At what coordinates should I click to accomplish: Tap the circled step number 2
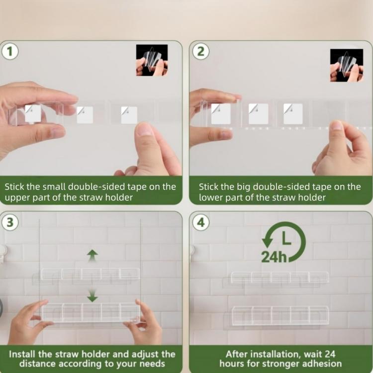[x=200, y=51]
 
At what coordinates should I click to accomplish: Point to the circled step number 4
[x=200, y=222]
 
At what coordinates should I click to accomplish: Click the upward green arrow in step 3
[x=93, y=255]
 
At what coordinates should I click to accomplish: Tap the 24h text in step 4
[x=274, y=257]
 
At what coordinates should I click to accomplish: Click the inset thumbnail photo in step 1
[x=152, y=60]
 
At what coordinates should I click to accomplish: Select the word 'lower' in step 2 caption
[x=211, y=197]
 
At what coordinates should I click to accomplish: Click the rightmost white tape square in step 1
[x=129, y=115]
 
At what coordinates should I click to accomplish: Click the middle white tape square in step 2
[x=258, y=114]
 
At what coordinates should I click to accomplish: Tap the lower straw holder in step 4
[x=280, y=315]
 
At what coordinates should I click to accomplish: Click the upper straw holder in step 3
[x=90, y=274]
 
